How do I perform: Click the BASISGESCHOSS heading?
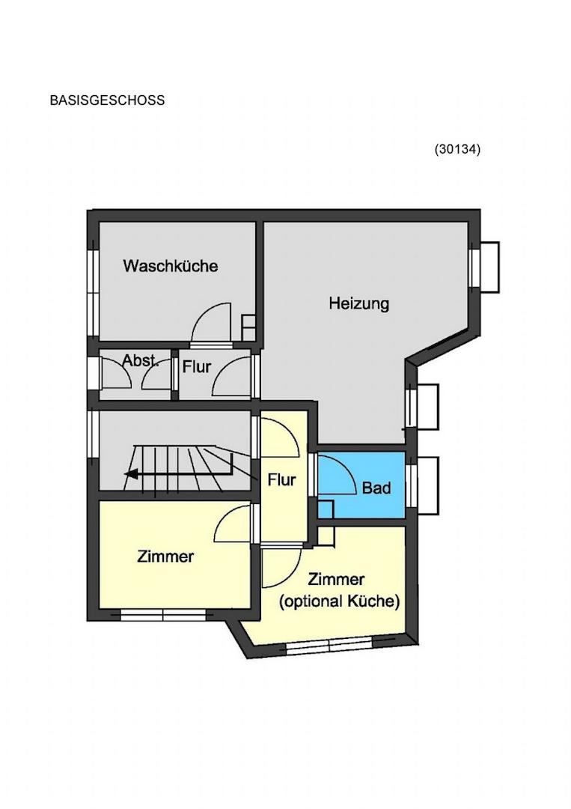pyautogui.click(x=107, y=100)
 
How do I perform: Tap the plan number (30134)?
pyautogui.click(x=458, y=149)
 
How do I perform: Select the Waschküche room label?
pyautogui.click(x=171, y=266)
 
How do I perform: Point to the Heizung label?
pyautogui.click(x=359, y=303)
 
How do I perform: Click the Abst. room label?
pyautogui.click(x=141, y=360)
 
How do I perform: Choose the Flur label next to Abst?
pyautogui.click(x=197, y=367)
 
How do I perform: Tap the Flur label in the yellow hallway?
pyautogui.click(x=281, y=480)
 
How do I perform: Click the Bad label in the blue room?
pyautogui.click(x=376, y=488)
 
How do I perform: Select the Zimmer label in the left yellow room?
pyautogui.click(x=165, y=556)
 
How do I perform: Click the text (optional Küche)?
pyautogui.click(x=339, y=601)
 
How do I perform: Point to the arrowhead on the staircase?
pyautogui.click(x=130, y=473)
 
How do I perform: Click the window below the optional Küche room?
pyautogui.click(x=329, y=646)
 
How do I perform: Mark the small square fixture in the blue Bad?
pyautogui.click(x=326, y=509)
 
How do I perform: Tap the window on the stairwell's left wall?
pyautogui.click(x=93, y=434)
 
